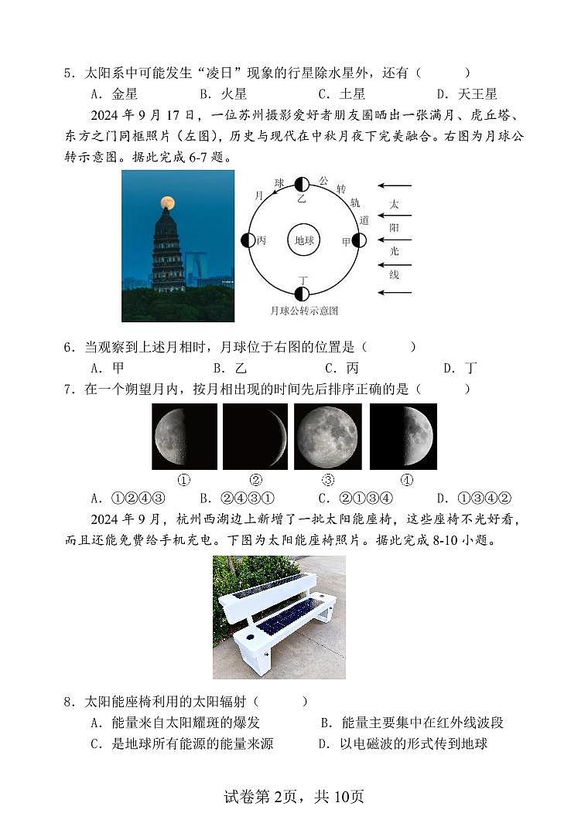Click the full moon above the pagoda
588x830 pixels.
click(x=167, y=203)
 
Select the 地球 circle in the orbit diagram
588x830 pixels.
click(x=303, y=240)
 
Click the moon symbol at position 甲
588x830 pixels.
click(x=359, y=240)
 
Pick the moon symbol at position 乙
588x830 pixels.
click(x=302, y=184)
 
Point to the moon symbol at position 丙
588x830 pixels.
click(x=248, y=240)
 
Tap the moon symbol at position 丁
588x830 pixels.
click(x=302, y=294)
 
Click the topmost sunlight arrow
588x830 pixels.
click(x=395, y=186)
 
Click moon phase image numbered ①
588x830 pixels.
click(x=184, y=437)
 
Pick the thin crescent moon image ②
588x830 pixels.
click(x=255, y=437)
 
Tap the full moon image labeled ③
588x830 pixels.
click(x=327, y=437)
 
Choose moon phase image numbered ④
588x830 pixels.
click(x=403, y=437)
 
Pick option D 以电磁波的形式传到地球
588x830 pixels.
click(x=403, y=743)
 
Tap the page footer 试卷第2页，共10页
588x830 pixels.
click(x=293, y=797)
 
